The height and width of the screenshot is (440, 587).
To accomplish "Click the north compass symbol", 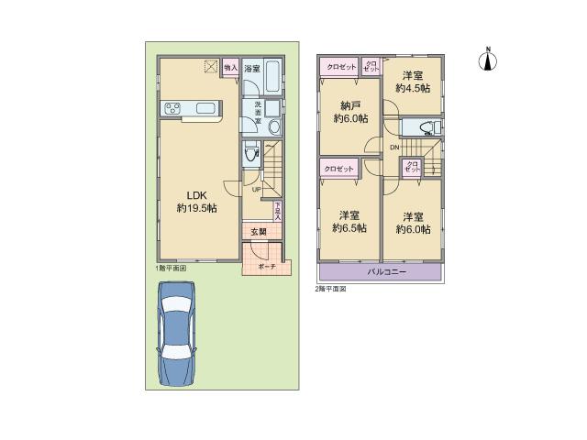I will tap(488, 60).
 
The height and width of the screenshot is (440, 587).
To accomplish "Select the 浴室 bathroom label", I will tap(251, 69).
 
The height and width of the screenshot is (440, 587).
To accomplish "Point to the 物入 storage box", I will tap(230, 68).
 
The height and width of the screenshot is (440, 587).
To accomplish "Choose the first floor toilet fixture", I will tap(249, 155).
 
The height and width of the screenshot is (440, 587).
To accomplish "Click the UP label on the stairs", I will tap(257, 190).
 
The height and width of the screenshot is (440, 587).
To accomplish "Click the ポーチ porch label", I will tap(266, 266).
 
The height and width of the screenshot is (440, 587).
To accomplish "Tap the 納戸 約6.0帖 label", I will tap(350, 112).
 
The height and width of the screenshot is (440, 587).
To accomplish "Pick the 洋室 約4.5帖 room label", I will tap(409, 82).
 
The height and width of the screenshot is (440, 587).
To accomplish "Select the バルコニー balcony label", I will tap(380, 272).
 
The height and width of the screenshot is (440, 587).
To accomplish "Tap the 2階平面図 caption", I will tap(331, 288).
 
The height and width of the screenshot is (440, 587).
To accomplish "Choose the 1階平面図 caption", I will tap(171, 268).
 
